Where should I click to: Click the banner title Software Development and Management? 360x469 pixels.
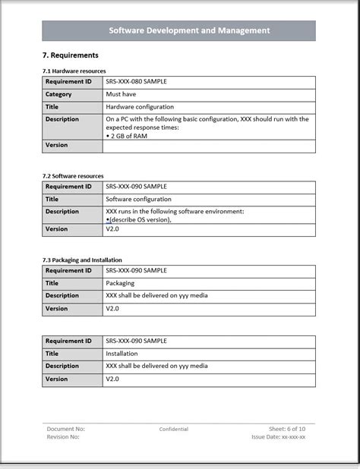178,30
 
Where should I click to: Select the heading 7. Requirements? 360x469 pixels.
71,55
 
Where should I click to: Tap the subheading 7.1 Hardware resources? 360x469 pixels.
74,71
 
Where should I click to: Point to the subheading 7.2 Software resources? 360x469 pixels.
73,175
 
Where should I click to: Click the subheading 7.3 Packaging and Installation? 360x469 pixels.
82,260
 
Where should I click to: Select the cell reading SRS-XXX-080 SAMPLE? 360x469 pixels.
137,81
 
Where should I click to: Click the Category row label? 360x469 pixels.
58,94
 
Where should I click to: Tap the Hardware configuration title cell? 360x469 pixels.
140,107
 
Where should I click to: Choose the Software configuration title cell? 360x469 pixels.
138,199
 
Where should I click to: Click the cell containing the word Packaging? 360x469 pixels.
122,282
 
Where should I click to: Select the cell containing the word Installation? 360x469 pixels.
122,353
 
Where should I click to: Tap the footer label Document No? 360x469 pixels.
65,429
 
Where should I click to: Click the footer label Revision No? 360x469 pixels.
63,437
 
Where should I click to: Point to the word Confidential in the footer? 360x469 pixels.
174,430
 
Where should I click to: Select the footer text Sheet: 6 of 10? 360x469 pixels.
286,429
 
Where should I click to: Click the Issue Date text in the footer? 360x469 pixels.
279,437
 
